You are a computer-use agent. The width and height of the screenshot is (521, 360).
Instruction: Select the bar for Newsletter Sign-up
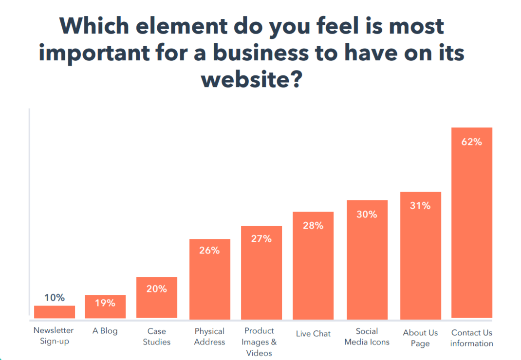(x=55, y=312)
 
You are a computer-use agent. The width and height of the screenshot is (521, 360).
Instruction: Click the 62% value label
(x=472, y=142)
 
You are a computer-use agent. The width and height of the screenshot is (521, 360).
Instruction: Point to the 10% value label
(x=55, y=298)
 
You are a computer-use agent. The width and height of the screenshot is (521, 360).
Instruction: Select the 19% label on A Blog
(x=105, y=303)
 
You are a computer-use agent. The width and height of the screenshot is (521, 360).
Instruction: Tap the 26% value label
(x=209, y=251)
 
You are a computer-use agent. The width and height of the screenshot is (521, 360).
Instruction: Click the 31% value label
(x=420, y=206)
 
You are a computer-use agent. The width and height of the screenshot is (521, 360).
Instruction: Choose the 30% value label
(x=367, y=214)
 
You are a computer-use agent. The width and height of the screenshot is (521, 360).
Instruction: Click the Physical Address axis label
(x=209, y=337)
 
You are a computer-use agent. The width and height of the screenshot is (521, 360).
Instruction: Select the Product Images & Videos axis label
(x=259, y=342)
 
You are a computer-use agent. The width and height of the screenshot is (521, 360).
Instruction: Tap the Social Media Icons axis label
(x=367, y=337)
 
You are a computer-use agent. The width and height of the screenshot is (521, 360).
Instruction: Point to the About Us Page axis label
(x=420, y=338)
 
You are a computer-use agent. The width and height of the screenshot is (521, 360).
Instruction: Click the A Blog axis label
(x=105, y=331)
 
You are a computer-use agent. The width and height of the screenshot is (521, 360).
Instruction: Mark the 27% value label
(x=261, y=239)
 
